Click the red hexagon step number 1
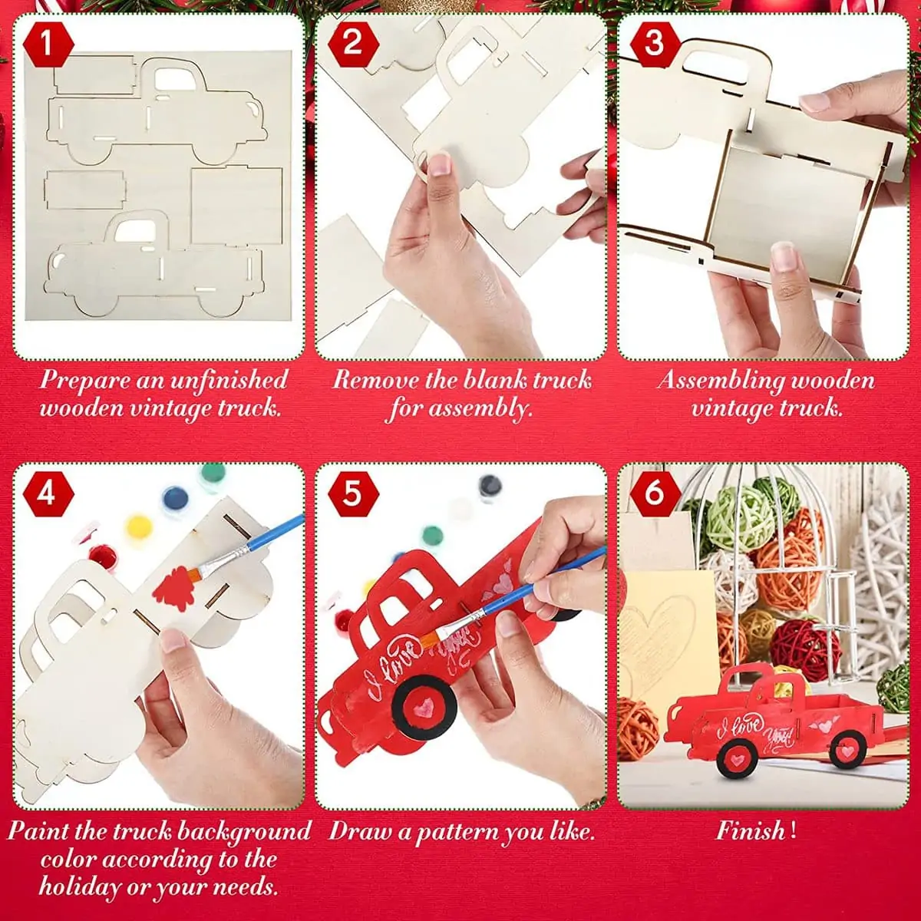(48, 44)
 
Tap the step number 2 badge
(353, 44)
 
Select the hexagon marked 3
(655, 44)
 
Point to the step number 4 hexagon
(48, 494)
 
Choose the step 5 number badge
(353, 494)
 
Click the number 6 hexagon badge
(655, 494)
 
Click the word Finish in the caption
(750, 830)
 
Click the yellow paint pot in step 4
(139, 526)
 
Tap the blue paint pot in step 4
(175, 499)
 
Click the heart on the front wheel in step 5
(423, 706)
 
